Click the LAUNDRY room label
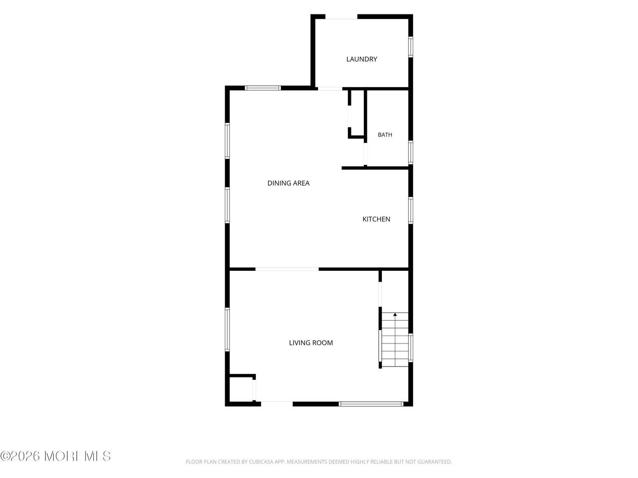tap(361, 59)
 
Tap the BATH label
tap(385, 134)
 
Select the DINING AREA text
tap(288, 183)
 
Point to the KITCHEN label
tap(376, 219)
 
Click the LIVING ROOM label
tap(311, 343)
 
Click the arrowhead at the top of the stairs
tap(395, 314)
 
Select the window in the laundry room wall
tap(411, 47)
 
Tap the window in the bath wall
tap(411, 152)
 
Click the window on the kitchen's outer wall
tap(411, 211)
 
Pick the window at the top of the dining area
tap(263, 88)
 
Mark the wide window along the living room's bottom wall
tap(371, 404)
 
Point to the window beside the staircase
tap(411, 348)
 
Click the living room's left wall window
tap(227, 330)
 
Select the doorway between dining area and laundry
tap(330, 88)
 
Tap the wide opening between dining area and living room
tap(287, 269)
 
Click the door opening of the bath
tap(365, 154)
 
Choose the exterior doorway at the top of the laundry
tap(341, 17)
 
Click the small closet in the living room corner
tap(241, 389)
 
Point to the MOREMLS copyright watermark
tap(55, 456)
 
